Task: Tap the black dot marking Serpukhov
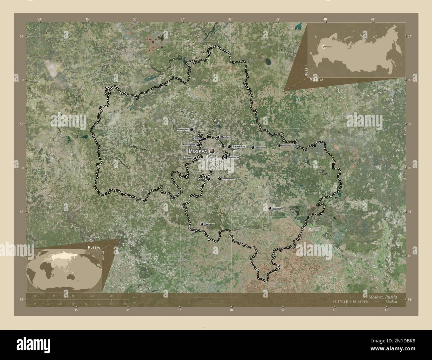tap(202, 225)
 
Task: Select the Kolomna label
tap(277, 209)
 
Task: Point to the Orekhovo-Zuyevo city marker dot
tap(279, 145)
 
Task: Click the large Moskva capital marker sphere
tap(212, 151)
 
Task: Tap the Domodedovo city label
tap(228, 179)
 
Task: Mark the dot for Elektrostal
tap(253, 147)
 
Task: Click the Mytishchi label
tap(226, 137)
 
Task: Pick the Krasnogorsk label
tap(189, 145)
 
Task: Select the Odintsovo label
tap(188, 158)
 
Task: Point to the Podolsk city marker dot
tap(208, 179)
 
